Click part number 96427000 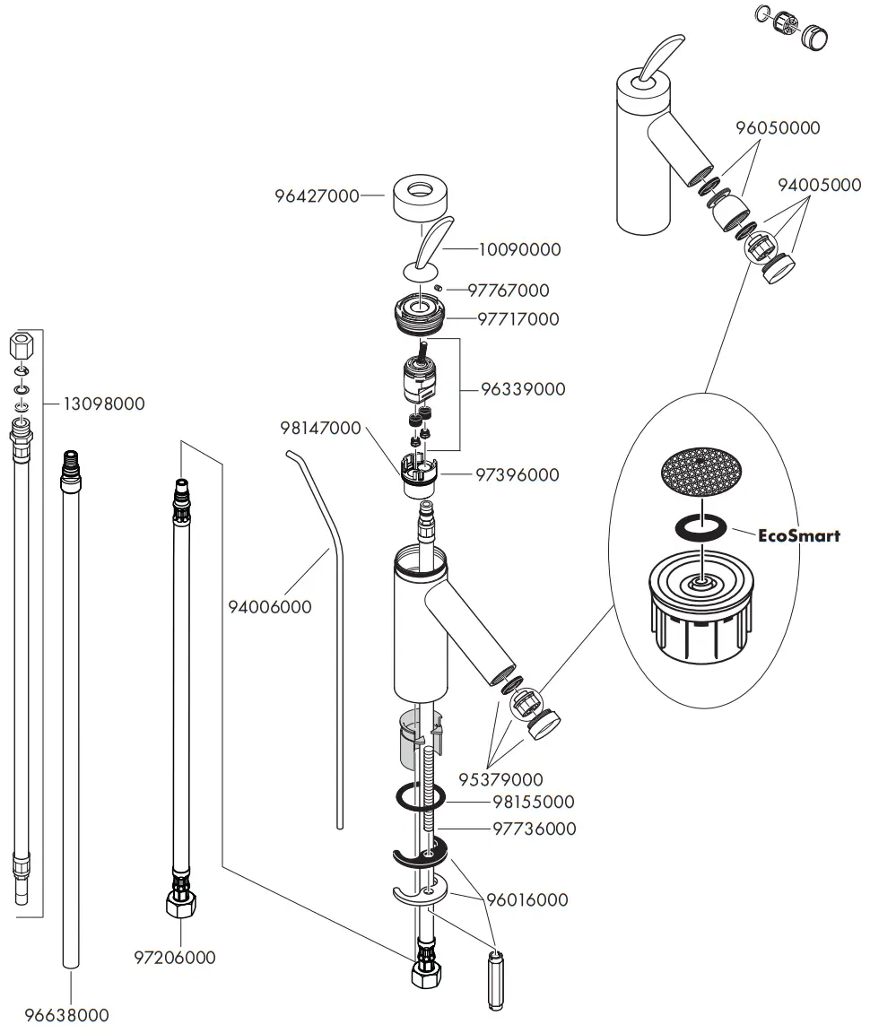click(317, 195)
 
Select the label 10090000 click(519, 249)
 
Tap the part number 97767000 click(509, 290)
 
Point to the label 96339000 click(523, 389)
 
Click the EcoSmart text click(799, 535)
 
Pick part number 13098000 click(104, 404)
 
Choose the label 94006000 click(270, 607)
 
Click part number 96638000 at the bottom click(66, 1015)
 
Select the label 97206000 click(175, 958)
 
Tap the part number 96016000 click(527, 900)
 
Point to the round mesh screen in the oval click(701, 472)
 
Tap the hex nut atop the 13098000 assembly click(22, 345)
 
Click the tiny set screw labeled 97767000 click(438, 287)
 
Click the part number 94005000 click(819, 185)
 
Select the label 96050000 click(778, 128)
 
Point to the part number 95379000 click(500, 779)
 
